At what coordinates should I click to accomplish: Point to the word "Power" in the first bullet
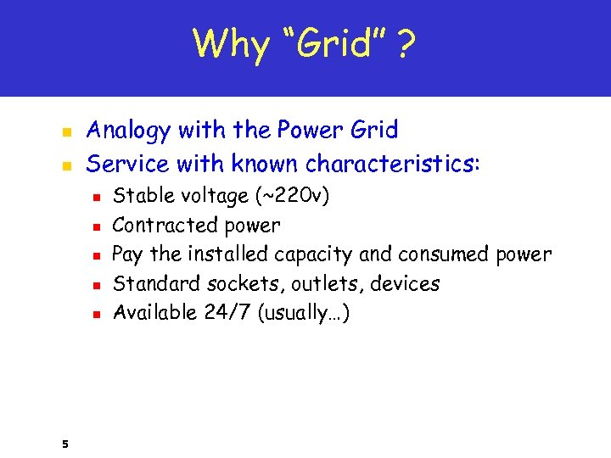pyautogui.click(x=295, y=131)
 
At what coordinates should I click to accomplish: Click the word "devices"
pyautogui.click(x=404, y=283)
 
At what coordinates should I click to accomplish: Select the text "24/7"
pyautogui.click(x=227, y=313)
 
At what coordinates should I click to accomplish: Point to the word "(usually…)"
pyautogui.click(x=302, y=313)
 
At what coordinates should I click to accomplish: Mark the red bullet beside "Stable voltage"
pyautogui.click(x=97, y=197)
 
